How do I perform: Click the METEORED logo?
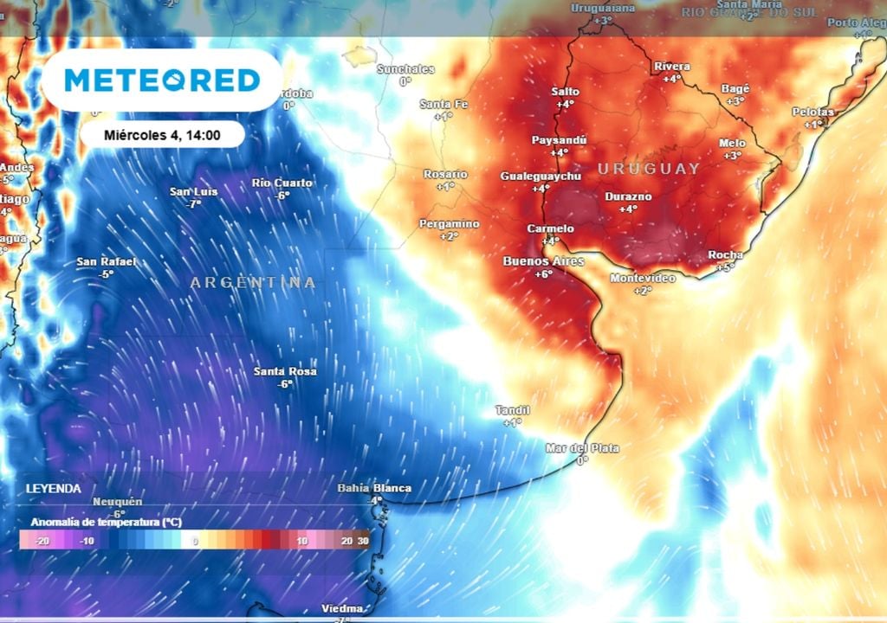(162, 80)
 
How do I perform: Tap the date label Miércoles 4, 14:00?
(162, 135)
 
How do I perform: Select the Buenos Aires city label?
(543, 261)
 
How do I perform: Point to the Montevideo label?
(642, 279)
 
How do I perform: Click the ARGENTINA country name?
(253, 283)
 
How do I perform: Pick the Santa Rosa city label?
(284, 372)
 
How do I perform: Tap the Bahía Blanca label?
(374, 488)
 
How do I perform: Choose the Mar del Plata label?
(582, 448)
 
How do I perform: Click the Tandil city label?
(512, 410)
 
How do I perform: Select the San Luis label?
(193, 192)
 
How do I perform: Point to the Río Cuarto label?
(282, 183)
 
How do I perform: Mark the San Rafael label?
(106, 262)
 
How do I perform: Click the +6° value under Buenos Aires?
(543, 274)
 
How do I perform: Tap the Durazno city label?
(628, 197)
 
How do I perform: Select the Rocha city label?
(725, 254)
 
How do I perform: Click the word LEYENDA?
(54, 489)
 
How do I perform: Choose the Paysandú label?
(559, 140)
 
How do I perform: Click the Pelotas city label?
(813, 112)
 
